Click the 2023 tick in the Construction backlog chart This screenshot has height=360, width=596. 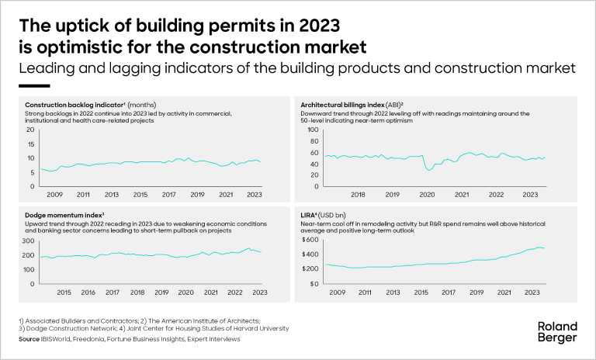coord(255,194)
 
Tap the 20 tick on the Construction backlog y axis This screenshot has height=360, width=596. coord(31,130)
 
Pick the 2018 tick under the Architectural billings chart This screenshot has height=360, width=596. coord(359,194)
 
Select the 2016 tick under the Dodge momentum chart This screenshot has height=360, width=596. coord(88,292)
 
